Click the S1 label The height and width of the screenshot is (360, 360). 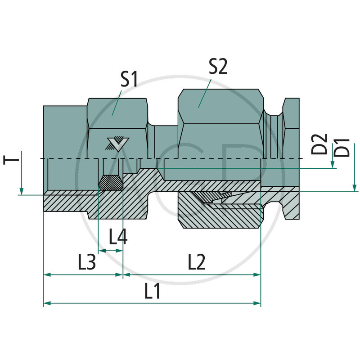click(x=129, y=80)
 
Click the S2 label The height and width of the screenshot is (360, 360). click(x=218, y=67)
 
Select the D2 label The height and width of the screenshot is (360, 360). click(x=319, y=144)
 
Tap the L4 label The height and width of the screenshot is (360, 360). click(x=118, y=237)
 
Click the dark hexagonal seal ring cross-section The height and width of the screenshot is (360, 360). click(x=110, y=183)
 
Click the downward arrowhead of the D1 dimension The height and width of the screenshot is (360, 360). click(x=355, y=188)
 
